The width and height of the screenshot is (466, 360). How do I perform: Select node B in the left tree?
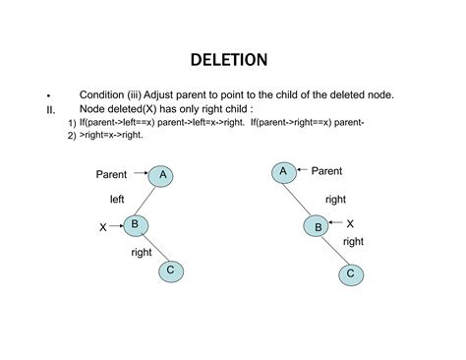click(x=136, y=225)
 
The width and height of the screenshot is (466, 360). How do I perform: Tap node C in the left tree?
click(x=169, y=270)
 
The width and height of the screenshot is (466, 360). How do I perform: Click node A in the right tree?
click(x=283, y=171)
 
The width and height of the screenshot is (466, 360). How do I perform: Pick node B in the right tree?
click(x=319, y=226)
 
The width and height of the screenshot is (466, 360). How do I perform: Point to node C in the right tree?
click(x=351, y=273)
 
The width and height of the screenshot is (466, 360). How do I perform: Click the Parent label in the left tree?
click(x=111, y=174)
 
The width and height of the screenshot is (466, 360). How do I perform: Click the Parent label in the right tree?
click(x=326, y=171)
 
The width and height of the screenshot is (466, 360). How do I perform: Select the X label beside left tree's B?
click(x=102, y=227)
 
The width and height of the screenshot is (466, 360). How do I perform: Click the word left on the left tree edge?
click(x=116, y=200)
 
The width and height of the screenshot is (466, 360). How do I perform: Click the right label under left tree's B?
click(x=142, y=253)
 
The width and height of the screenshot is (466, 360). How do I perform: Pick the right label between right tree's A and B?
click(x=334, y=199)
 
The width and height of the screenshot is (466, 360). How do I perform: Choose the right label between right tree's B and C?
click(x=352, y=241)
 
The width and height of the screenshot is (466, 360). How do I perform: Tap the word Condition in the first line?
click(x=102, y=94)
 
